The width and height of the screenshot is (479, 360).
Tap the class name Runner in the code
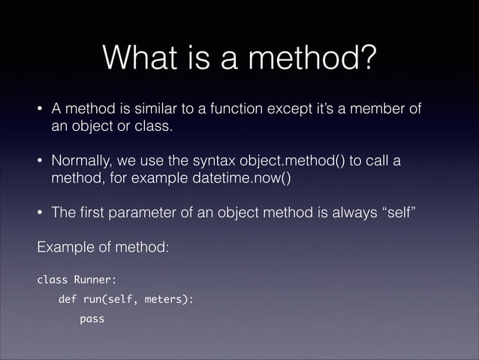pyautogui.click(x=95, y=281)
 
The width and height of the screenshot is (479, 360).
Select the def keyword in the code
pyautogui.click(x=68, y=300)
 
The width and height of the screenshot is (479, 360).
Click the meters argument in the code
pyautogui.click(x=169, y=300)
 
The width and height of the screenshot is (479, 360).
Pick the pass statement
pyautogui.click(x=92, y=319)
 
